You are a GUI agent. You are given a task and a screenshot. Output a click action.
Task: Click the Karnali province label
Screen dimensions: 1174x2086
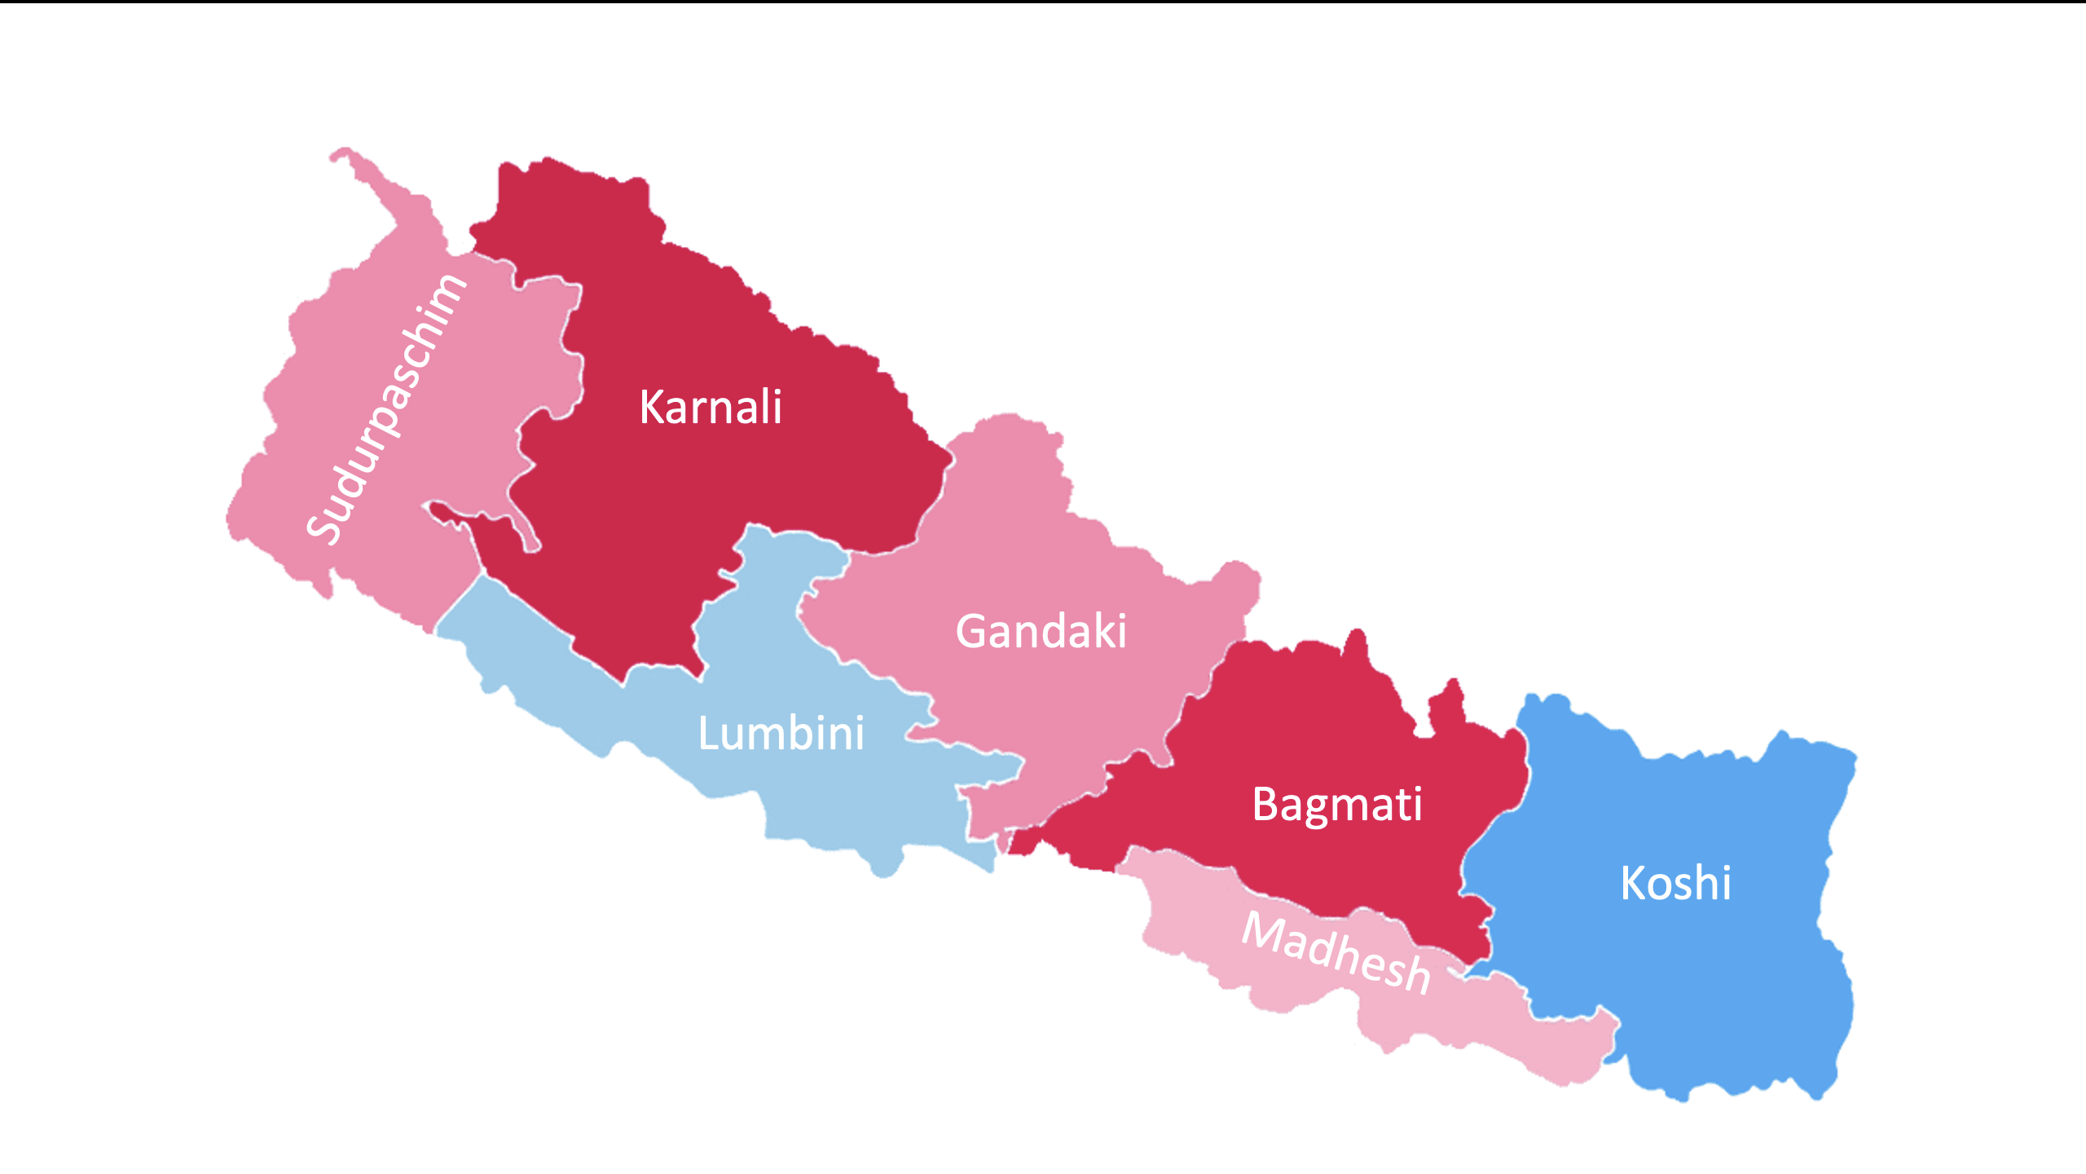click(x=711, y=407)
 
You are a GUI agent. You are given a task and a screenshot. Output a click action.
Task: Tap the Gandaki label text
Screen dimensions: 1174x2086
click(x=1041, y=631)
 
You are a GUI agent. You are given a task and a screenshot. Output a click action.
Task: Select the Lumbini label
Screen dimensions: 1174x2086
click(x=781, y=733)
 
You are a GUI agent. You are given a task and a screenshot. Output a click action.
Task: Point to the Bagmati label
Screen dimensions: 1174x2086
click(x=1337, y=805)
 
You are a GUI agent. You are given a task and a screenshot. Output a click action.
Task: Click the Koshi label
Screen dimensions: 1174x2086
click(x=1675, y=883)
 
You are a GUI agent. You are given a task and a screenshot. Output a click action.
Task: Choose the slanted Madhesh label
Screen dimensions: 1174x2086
click(x=1336, y=952)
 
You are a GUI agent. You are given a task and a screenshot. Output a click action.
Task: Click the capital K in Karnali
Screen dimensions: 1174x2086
click(x=653, y=407)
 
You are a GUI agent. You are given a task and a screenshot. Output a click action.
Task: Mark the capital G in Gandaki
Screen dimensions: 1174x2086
click(x=973, y=631)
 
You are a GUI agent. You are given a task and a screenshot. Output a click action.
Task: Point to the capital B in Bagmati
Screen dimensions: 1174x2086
click(x=1267, y=805)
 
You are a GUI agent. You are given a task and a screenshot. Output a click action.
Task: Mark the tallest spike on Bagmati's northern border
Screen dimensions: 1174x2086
click(x=1357, y=640)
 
